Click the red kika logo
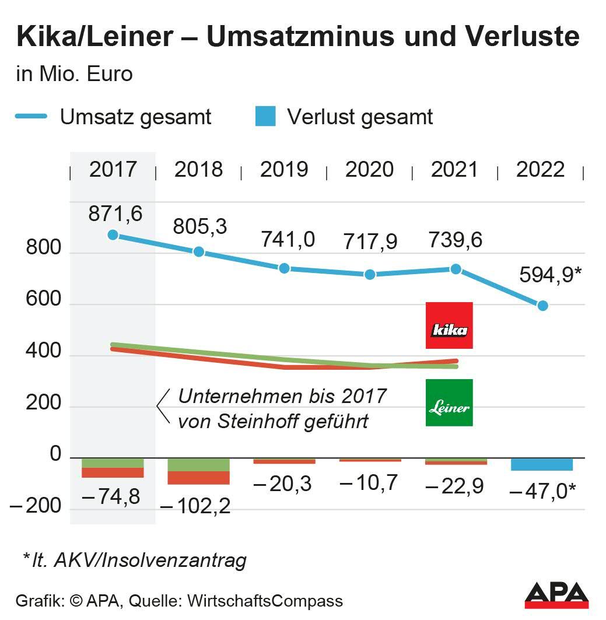tap(449, 325)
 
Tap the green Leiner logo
tap(449, 402)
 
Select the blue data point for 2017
tap(113, 235)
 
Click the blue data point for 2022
tap(542, 306)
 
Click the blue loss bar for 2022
tap(542, 465)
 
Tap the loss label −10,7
tap(369, 483)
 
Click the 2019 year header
tap(284, 170)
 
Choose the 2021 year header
tap(454, 170)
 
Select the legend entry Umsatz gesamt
tap(135, 117)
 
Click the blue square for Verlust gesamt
tap(265, 117)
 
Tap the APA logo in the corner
tap(556, 595)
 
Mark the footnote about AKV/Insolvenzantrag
tap(134, 561)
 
